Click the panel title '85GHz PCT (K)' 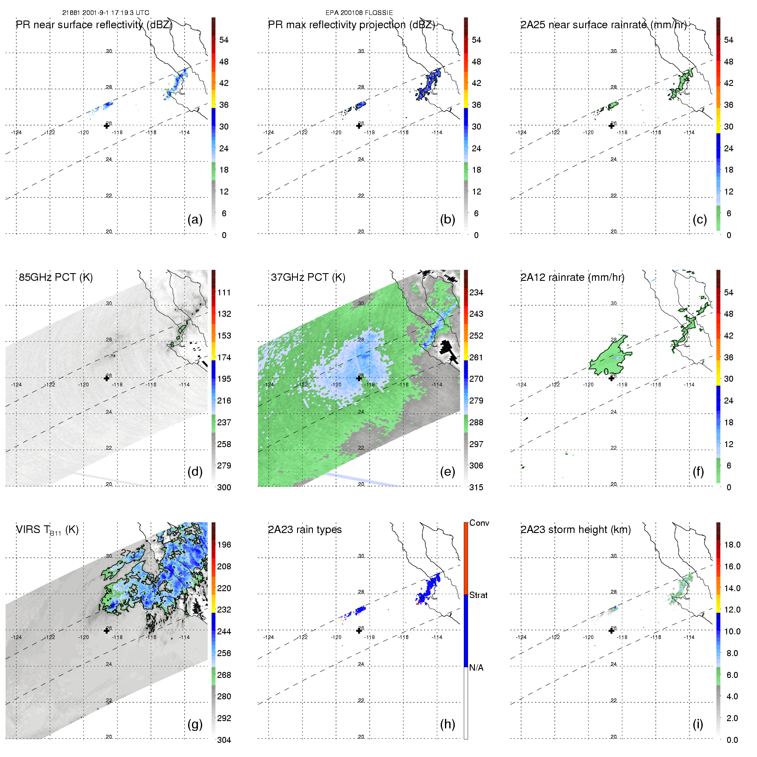coord(56,277)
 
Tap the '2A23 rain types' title coord(305,530)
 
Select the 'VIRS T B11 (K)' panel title coord(47,530)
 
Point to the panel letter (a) coord(195,219)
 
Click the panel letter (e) coord(448,471)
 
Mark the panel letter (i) coord(698,724)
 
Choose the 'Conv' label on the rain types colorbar coord(479,523)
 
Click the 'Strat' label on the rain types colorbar coord(478,595)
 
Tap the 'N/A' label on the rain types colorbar coord(476,668)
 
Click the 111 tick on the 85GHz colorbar coord(224,292)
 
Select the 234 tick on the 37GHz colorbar coord(476,292)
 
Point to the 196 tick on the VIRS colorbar coord(224,545)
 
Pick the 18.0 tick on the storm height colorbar coord(732,545)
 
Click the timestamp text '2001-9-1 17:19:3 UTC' coord(116,13)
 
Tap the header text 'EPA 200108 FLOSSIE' coord(359,13)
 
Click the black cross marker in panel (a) coord(107,126)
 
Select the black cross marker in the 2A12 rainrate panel coord(612,378)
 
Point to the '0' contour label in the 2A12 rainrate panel coord(606,372)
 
